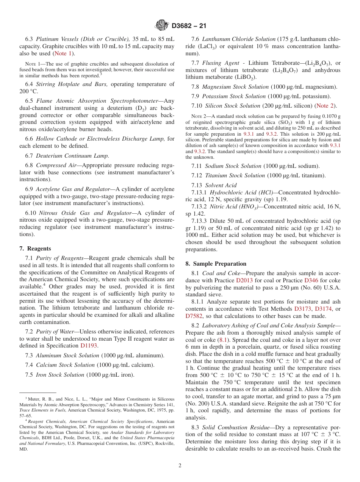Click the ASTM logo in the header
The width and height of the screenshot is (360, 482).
click(161, 26)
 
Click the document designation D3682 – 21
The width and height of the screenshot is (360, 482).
click(189, 26)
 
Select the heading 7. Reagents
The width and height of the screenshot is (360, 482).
click(35, 249)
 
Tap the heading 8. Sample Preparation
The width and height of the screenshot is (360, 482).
click(216, 264)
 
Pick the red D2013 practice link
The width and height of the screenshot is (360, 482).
click(244, 280)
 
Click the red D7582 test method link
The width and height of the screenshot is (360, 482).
click(194, 316)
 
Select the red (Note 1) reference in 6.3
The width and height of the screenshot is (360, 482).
click(64, 53)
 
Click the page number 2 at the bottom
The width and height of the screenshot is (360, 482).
click(180, 466)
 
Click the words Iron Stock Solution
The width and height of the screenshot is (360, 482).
click(60, 375)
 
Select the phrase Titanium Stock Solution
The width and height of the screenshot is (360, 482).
click(235, 175)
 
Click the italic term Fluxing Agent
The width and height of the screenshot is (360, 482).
click(221, 63)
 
